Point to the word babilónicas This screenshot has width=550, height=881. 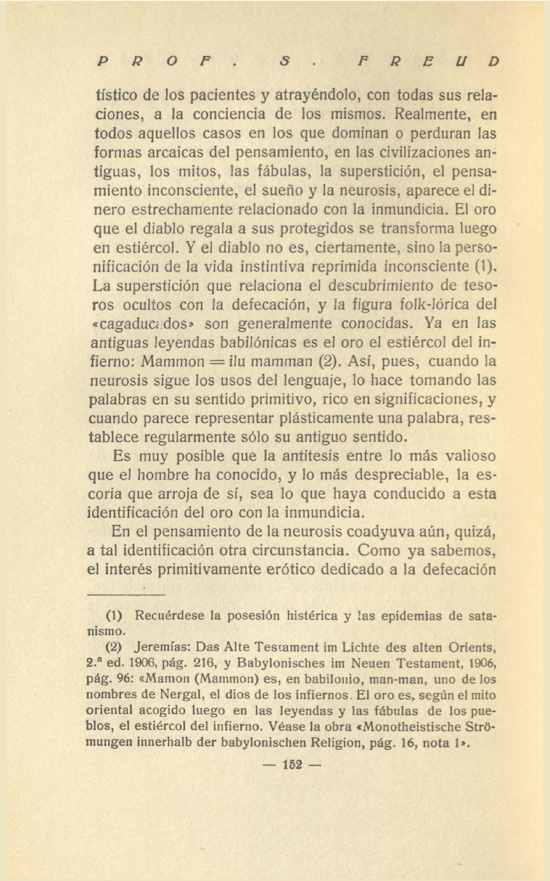tap(264, 343)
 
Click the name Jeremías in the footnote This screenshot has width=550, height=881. tap(163, 648)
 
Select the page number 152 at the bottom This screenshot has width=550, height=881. tap(291, 765)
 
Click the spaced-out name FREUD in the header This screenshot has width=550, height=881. tap(428, 61)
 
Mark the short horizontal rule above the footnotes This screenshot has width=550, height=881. tap(126, 595)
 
